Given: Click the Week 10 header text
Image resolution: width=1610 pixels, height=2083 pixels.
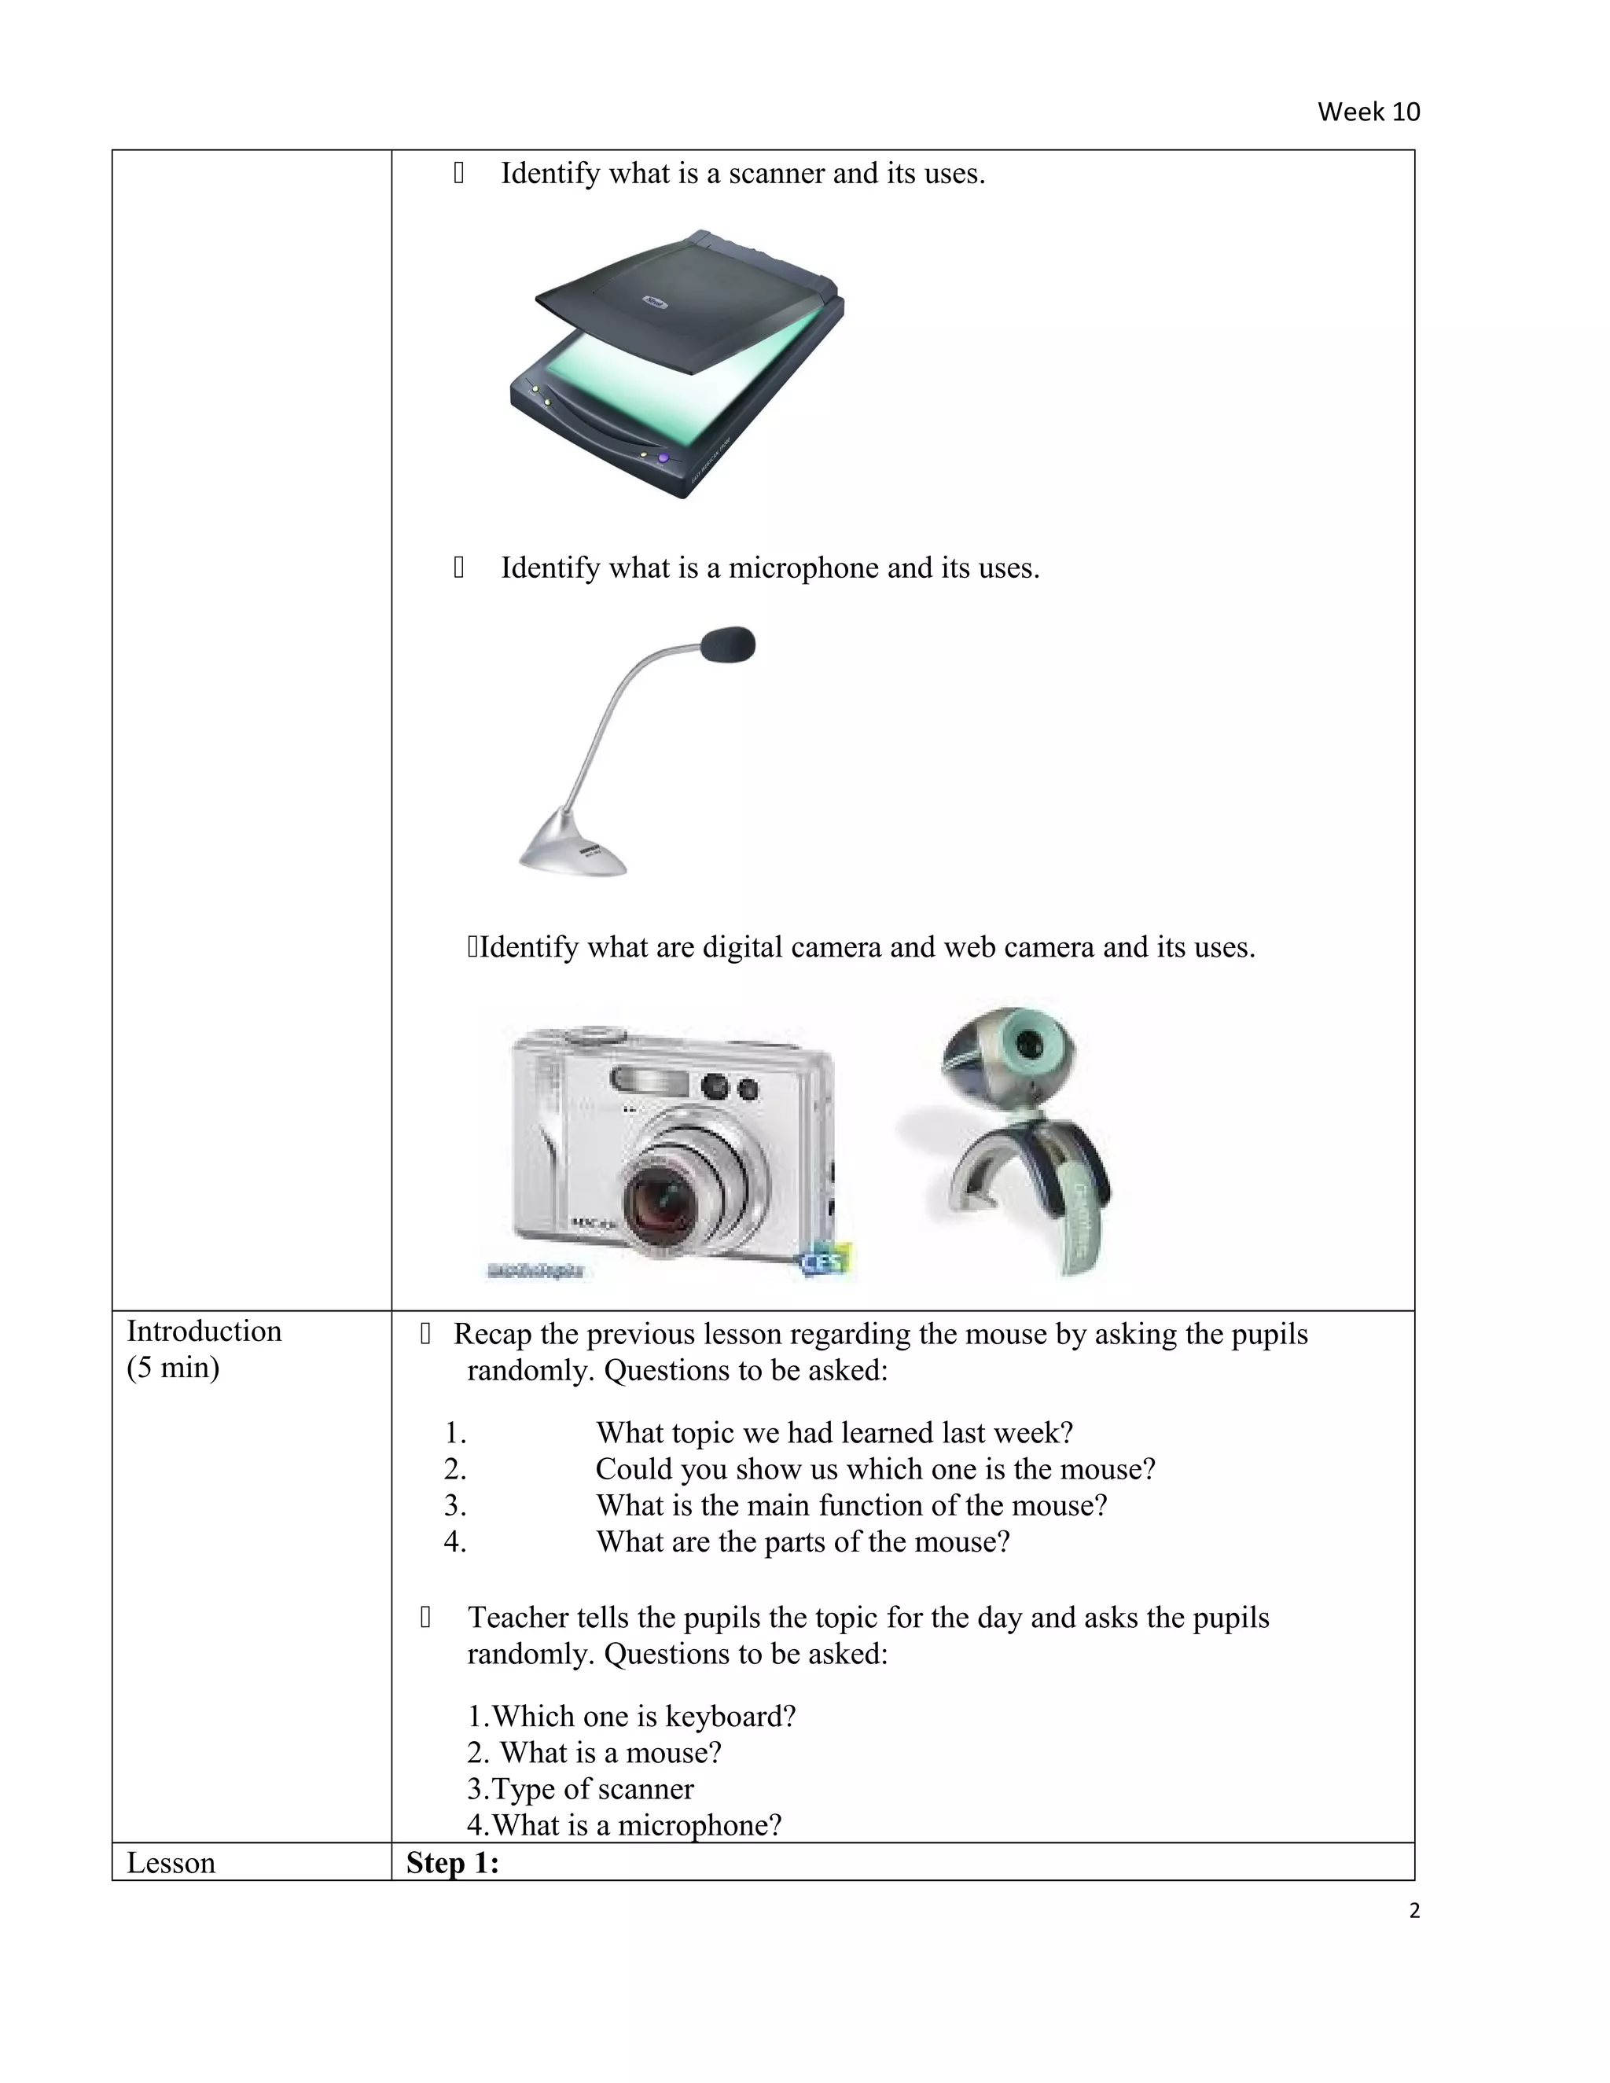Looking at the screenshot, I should [x=1368, y=112].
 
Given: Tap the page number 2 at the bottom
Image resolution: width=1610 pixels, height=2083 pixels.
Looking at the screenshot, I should [x=1413, y=1910].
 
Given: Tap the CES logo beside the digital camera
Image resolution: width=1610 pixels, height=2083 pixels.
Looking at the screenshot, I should [x=824, y=1261].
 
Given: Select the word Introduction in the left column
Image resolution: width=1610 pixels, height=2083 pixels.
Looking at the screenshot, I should [x=204, y=1331].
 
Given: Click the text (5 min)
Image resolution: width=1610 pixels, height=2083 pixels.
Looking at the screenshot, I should [x=173, y=1367].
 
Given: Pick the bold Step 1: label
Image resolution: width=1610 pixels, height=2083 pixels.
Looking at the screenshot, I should [x=452, y=1863].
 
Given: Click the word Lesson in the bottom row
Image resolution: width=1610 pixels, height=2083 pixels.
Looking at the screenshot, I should [x=171, y=1863].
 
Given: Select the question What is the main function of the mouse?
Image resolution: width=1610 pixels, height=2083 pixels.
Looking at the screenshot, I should [x=851, y=1505].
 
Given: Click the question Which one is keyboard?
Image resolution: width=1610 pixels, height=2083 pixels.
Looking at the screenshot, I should [x=631, y=1716].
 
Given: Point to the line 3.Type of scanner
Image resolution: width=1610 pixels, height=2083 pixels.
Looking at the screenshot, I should [x=580, y=1788].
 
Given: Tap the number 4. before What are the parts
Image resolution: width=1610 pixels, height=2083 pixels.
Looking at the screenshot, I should [x=455, y=1541].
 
